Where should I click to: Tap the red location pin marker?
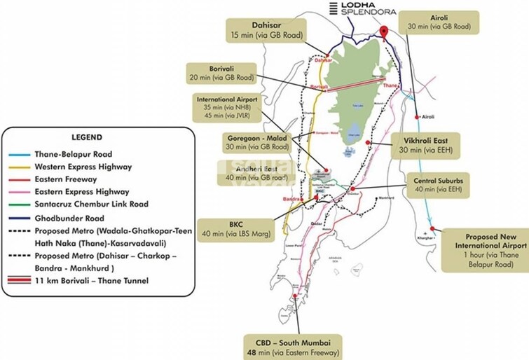click(x=384, y=32)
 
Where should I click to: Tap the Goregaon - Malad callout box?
click(x=257, y=142)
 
